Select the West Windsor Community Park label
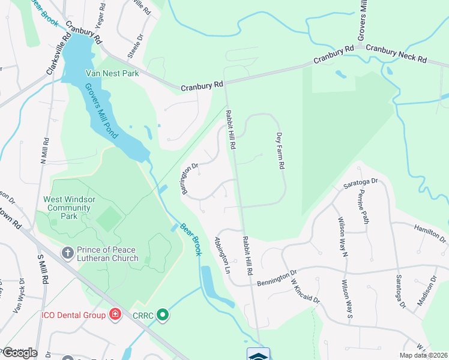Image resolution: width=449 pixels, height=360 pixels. tap(67, 208)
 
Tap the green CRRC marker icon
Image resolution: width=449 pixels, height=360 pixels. tap(162, 314)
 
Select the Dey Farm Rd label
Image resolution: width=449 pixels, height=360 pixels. tap(279, 151)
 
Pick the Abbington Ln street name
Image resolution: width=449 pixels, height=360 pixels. tap(223, 256)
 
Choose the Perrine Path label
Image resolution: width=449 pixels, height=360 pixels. tap(364, 208)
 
